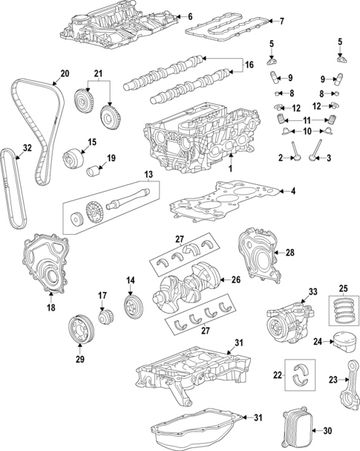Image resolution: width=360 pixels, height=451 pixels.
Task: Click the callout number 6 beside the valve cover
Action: (x=189, y=16)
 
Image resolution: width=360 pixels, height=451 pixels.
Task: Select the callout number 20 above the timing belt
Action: (x=64, y=74)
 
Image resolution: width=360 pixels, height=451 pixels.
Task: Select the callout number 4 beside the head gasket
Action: (x=292, y=192)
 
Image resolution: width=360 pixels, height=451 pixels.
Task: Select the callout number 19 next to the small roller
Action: (x=111, y=158)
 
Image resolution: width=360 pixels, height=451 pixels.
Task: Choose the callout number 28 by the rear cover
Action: (x=290, y=253)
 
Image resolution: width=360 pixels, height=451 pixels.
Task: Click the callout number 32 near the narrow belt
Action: (x=27, y=148)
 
